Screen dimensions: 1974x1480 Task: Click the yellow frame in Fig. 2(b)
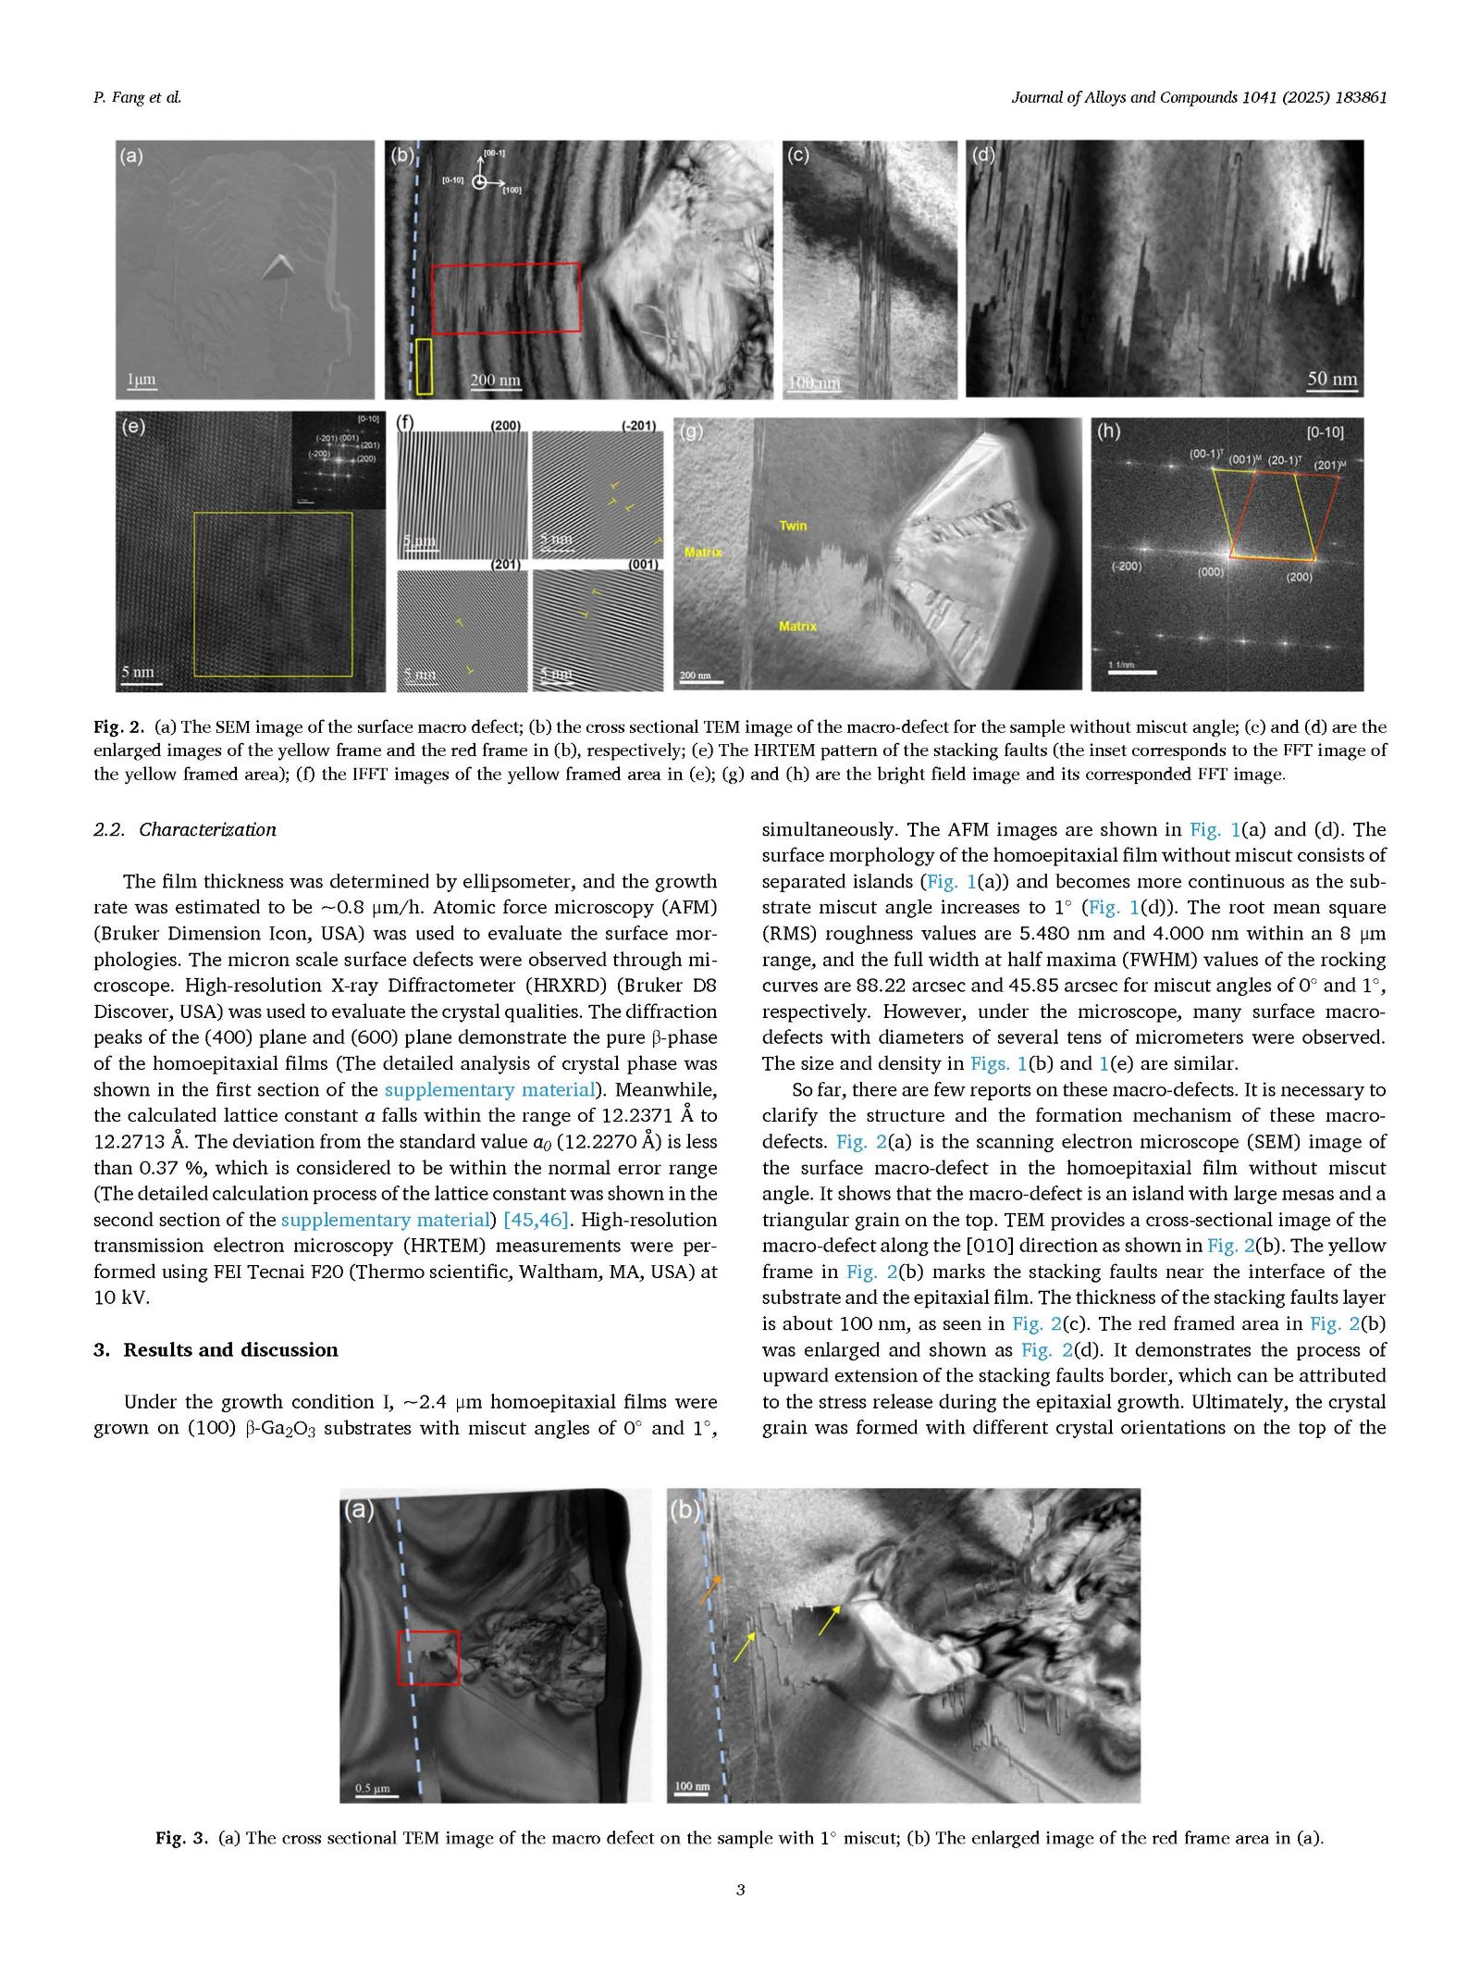(x=424, y=366)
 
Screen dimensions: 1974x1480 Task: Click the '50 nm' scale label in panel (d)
(x=1332, y=379)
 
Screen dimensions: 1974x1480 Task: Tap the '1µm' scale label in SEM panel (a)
(x=141, y=379)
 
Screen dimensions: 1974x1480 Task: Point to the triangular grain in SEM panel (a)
(x=277, y=267)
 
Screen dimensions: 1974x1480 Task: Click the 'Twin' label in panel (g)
(x=793, y=526)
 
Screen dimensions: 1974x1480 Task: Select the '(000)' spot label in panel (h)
(x=1211, y=572)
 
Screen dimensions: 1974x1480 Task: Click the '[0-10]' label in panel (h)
(x=1325, y=432)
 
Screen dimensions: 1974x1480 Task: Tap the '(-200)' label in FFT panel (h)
(x=1126, y=565)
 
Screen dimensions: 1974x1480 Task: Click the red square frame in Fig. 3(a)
(x=428, y=1657)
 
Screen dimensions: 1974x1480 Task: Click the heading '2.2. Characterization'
(x=185, y=829)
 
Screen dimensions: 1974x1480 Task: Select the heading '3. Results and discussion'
(x=216, y=1349)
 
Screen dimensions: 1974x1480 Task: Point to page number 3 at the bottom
(x=740, y=1889)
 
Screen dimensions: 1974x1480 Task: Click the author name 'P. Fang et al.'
(x=137, y=97)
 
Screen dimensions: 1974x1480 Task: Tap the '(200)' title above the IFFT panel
(x=505, y=426)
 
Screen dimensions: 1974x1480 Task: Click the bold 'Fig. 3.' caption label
(x=182, y=1837)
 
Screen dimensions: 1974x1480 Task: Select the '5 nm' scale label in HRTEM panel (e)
(x=138, y=672)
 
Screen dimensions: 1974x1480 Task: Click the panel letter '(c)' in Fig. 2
(x=797, y=155)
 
